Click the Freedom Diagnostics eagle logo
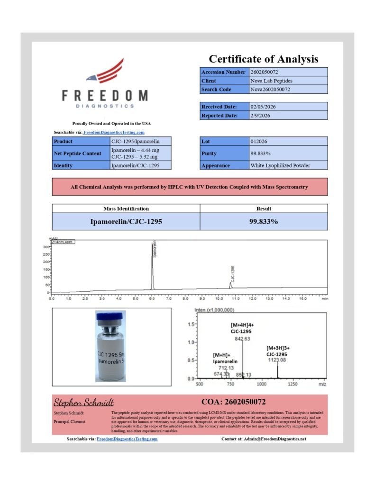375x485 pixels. (105, 71)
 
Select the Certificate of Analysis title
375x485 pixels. (264, 59)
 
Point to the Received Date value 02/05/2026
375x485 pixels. (263, 107)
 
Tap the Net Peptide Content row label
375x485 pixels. (77, 153)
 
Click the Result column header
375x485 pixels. (264, 208)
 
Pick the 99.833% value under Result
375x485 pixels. (264, 221)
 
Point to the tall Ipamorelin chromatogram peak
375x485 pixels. (152, 265)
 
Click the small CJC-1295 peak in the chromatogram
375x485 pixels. (231, 284)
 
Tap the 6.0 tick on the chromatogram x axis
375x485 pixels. (152, 299)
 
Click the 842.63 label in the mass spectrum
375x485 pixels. (242, 339)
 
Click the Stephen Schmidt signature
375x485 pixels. (83, 403)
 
